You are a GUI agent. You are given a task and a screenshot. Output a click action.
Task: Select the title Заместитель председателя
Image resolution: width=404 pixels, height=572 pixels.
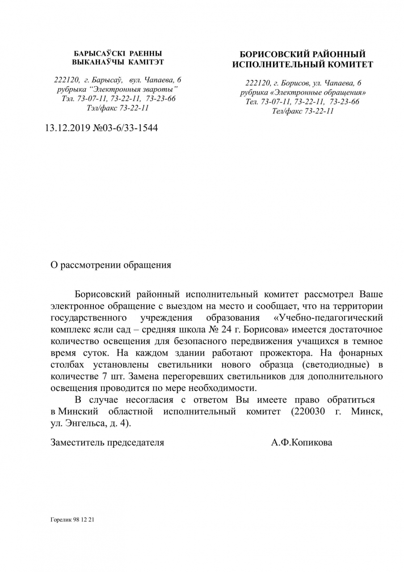click(x=107, y=443)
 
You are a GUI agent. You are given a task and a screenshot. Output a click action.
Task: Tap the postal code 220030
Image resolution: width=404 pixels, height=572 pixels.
click(x=307, y=411)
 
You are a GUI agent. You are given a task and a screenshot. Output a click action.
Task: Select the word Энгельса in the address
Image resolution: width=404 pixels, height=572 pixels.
click(x=85, y=422)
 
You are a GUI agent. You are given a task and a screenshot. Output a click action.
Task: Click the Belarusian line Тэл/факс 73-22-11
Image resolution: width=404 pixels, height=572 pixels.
click(x=118, y=108)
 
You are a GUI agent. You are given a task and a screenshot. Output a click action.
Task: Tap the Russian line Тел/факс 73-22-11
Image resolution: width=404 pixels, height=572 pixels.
click(x=303, y=111)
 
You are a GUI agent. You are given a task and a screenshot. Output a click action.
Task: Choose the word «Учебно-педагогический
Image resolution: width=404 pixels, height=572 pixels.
click(x=328, y=318)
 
